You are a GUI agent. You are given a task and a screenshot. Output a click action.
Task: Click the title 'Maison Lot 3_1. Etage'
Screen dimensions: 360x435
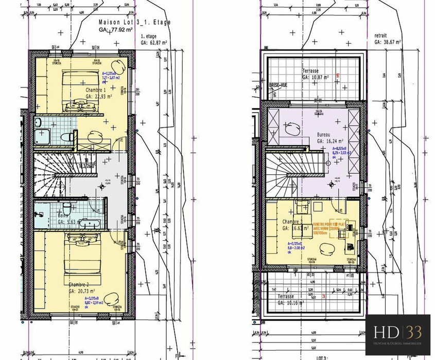click(134, 23)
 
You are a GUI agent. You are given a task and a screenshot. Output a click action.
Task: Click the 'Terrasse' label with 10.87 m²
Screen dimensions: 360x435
click(310, 70)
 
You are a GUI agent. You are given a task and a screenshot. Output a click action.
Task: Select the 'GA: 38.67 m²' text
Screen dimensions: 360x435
click(390, 42)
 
